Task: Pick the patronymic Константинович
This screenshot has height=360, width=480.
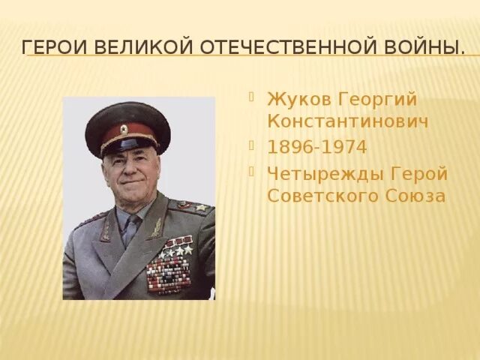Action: click(x=348, y=121)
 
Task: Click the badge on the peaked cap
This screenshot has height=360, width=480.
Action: click(x=124, y=129)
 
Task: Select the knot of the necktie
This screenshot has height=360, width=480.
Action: click(x=132, y=223)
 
